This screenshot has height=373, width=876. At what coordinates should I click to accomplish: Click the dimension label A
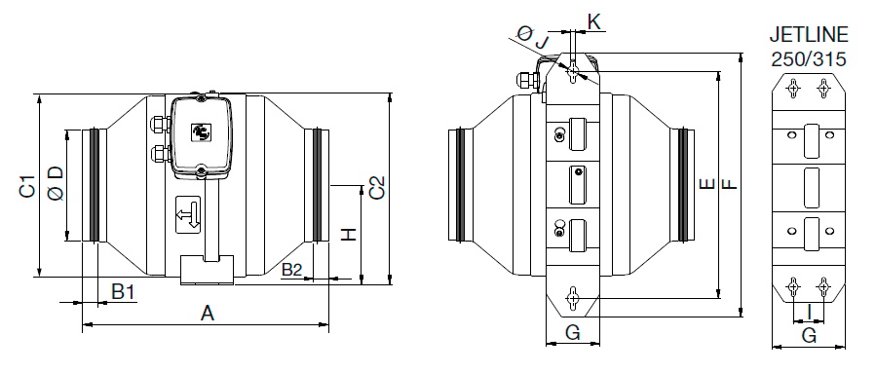(208, 314)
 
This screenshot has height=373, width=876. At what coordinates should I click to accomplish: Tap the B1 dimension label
(124, 291)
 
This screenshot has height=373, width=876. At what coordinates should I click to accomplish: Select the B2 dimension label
(291, 271)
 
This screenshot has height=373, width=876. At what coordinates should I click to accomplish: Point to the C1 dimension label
(27, 186)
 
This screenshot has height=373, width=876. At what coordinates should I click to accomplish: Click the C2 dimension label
(378, 188)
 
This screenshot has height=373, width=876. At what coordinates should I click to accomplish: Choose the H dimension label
(348, 235)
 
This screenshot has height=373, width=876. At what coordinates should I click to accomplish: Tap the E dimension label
(706, 184)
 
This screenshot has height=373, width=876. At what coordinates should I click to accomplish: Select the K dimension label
(594, 21)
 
